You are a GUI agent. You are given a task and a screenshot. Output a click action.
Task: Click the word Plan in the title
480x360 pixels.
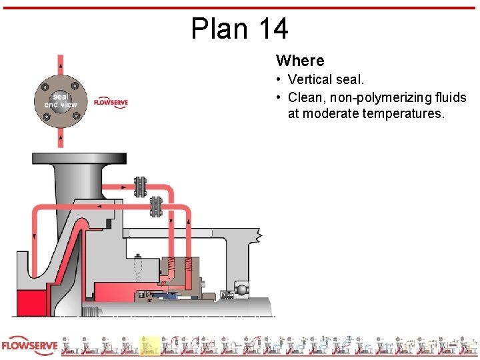(215, 29)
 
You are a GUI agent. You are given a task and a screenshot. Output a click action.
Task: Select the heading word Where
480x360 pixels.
(300, 61)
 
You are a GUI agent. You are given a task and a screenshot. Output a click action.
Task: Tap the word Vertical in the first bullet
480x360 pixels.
(310, 80)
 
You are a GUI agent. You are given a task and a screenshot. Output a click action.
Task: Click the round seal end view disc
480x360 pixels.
(61, 101)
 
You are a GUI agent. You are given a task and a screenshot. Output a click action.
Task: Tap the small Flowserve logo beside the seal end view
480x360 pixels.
(111, 103)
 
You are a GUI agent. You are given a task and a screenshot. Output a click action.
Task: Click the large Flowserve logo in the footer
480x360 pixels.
(29, 346)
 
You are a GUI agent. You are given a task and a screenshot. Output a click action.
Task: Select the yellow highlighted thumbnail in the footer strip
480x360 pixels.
(149, 345)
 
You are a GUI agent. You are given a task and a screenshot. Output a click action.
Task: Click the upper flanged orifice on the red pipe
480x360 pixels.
(140, 187)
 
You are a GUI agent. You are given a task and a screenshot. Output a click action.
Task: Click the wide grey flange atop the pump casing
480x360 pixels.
(79, 159)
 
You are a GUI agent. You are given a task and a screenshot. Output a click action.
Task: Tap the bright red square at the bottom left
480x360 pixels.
(29, 303)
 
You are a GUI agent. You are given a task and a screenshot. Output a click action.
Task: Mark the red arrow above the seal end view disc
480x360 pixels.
(61, 64)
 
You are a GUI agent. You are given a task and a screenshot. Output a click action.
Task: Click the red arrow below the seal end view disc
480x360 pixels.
(61, 138)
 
